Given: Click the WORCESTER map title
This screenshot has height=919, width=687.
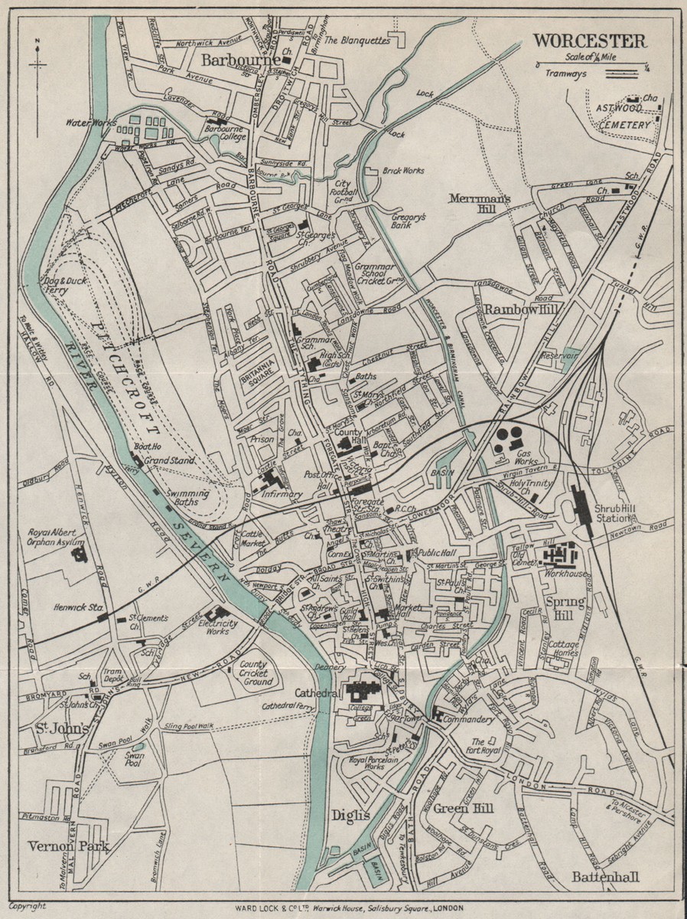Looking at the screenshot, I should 589,41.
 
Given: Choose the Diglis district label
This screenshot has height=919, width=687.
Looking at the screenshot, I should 350,816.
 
